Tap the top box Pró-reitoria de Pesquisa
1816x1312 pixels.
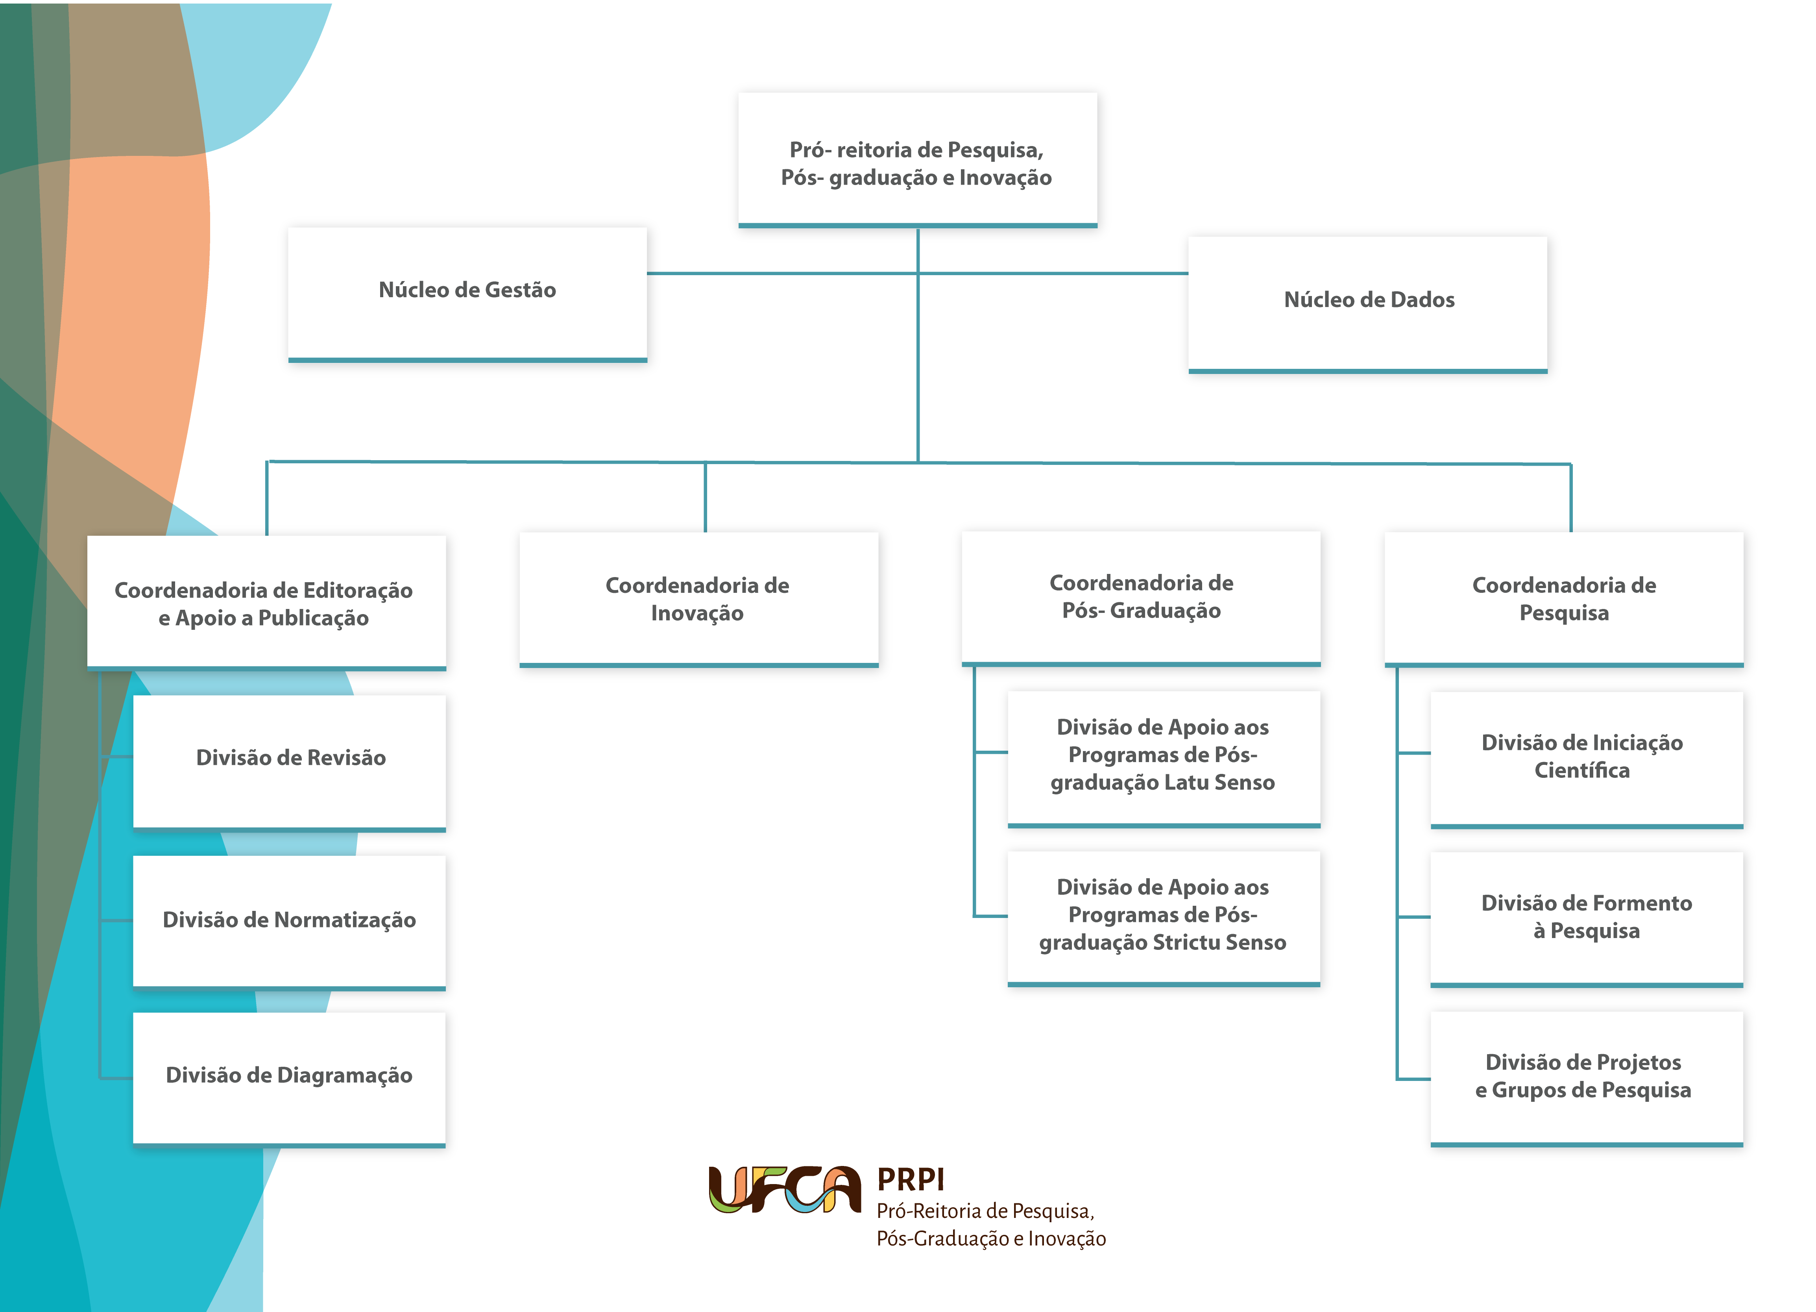(x=918, y=160)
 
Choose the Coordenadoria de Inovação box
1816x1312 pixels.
(x=699, y=599)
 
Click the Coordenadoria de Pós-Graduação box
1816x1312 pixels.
(x=1141, y=598)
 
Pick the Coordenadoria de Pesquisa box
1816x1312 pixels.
(x=1564, y=599)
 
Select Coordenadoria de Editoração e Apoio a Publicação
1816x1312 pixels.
(x=267, y=602)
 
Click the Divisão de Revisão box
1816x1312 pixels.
(x=289, y=762)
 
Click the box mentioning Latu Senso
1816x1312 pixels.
(x=1164, y=759)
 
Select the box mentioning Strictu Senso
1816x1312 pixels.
(x=1164, y=918)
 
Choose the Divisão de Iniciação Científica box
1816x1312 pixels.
(x=1586, y=759)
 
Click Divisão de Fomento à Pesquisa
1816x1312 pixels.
(x=1586, y=919)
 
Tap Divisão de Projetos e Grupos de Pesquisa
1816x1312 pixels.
(x=1586, y=1078)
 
